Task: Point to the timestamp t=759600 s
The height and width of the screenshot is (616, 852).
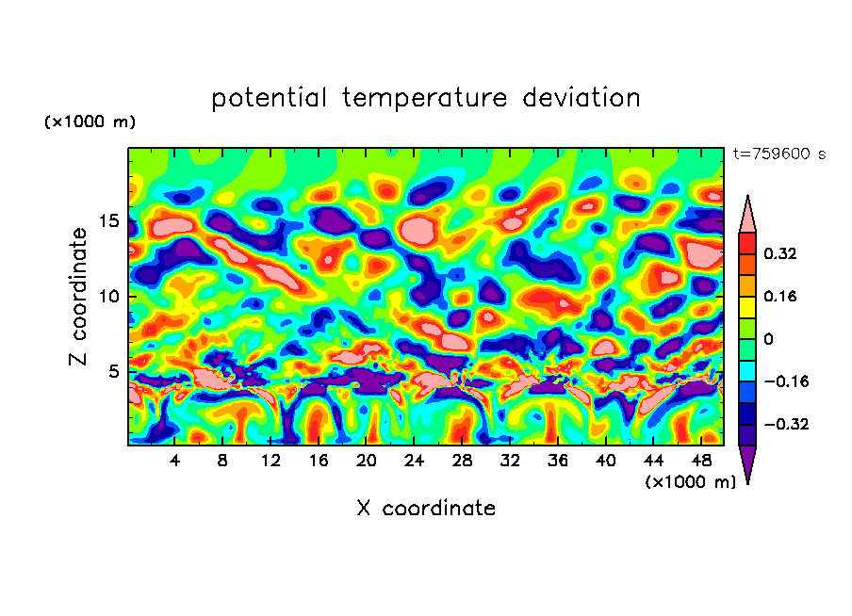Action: pyautogui.click(x=778, y=154)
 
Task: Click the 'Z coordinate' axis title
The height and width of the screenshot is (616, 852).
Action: pyautogui.click(x=79, y=296)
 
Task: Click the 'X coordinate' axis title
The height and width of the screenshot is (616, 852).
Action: pyautogui.click(x=426, y=509)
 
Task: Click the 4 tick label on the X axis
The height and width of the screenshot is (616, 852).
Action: pyautogui.click(x=175, y=461)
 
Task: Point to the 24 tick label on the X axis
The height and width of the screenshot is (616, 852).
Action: pyautogui.click(x=414, y=461)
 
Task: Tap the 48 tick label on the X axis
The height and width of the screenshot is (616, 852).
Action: pyautogui.click(x=700, y=461)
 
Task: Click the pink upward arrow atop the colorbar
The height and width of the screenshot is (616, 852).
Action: pyautogui.click(x=747, y=216)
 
